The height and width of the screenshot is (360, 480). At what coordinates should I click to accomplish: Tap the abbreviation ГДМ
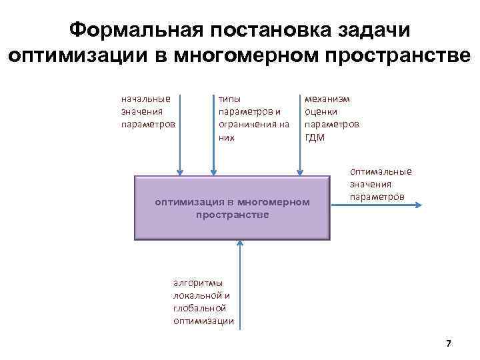(x=315, y=137)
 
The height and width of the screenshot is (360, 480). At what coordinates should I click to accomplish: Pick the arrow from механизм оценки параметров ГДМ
(x=301, y=153)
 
